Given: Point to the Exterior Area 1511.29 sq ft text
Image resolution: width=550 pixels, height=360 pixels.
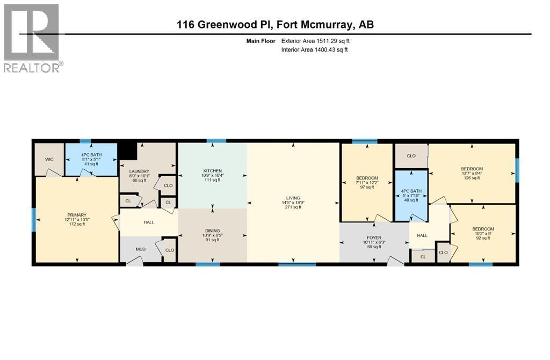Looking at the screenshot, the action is (x=315, y=41).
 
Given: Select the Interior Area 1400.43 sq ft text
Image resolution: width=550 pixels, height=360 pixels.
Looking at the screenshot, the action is (x=314, y=49).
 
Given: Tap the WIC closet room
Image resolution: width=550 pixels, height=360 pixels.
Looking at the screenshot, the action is (x=49, y=159).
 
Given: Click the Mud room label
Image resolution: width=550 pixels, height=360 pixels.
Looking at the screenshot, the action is (x=141, y=249).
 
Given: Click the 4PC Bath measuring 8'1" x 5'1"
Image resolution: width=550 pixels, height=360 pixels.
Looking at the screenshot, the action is (x=91, y=159).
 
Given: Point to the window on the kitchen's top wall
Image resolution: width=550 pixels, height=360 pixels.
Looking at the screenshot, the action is (x=216, y=141).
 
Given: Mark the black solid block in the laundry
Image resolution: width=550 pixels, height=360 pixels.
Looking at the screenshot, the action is (x=128, y=151).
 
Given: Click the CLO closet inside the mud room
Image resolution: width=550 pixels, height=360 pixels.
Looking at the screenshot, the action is (x=169, y=250).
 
